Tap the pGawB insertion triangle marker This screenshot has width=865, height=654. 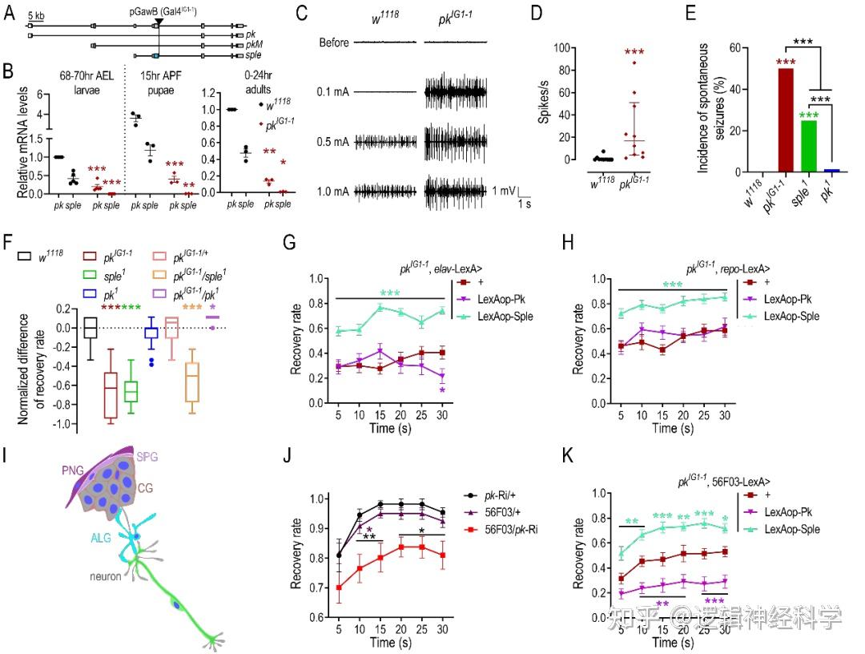(x=159, y=24)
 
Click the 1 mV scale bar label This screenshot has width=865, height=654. (x=504, y=190)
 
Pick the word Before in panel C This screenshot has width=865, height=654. (x=333, y=42)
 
